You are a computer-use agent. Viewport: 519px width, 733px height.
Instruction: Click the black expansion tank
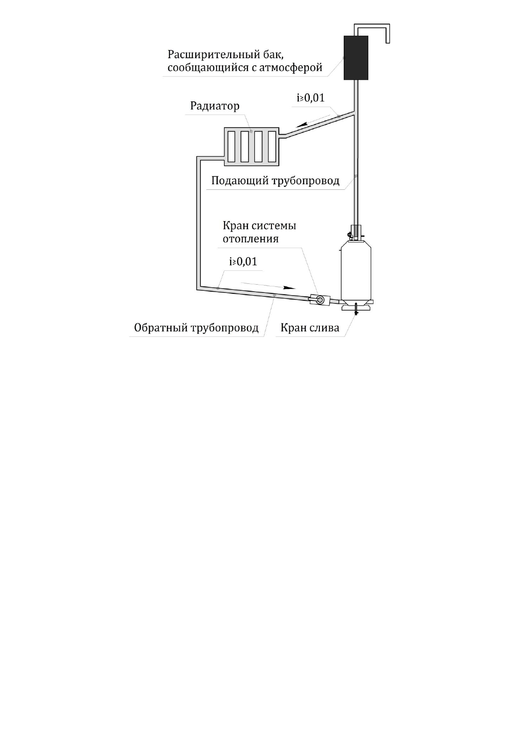tap(356, 57)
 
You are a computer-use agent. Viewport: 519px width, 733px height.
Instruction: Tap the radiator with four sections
tap(251, 146)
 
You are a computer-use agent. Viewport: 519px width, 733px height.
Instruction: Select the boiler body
tap(356, 272)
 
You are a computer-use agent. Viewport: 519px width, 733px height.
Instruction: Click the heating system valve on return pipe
tap(318, 300)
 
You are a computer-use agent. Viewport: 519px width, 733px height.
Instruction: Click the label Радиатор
tap(215, 106)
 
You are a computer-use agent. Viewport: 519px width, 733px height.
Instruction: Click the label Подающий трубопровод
tap(275, 181)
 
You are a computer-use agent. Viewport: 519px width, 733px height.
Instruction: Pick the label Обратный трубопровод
tap(196, 328)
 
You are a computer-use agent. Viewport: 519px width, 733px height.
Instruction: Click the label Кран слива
tap(309, 328)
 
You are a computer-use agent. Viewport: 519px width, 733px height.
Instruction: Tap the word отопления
tap(251, 239)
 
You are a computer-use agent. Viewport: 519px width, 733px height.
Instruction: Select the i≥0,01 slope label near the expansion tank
tap(310, 98)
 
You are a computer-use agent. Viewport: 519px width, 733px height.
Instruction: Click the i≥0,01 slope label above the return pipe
tap(243, 262)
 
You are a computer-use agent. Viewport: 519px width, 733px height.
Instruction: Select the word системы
tap(275, 226)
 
